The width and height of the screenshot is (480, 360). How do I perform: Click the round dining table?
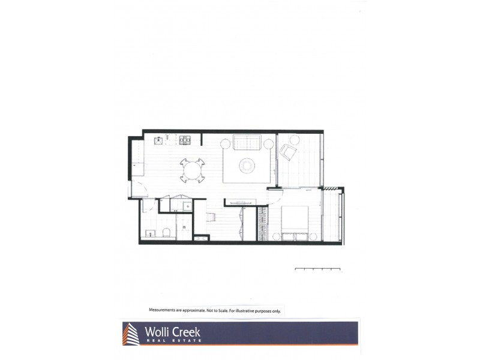coord(192,170)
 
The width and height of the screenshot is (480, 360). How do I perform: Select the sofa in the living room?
coord(247,143)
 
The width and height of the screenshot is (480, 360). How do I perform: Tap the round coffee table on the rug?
coord(247,165)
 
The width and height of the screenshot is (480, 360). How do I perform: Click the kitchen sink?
coord(158,140)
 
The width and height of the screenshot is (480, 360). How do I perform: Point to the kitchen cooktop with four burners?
coord(184,140)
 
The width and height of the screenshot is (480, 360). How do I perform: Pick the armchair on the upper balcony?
coord(288,152)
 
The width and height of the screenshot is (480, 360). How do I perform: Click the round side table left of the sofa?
coord(226,143)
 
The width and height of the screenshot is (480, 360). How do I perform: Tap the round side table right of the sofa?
coord(268,143)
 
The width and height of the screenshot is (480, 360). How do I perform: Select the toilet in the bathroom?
coord(168,233)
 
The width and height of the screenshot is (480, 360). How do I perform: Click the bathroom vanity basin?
coord(149,232)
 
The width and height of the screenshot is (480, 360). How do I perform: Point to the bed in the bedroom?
coord(295,222)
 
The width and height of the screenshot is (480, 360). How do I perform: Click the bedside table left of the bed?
coord(277,236)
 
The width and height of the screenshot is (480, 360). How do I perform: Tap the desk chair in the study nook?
coord(211,217)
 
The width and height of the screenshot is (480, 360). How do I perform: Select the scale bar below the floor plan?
coord(318,269)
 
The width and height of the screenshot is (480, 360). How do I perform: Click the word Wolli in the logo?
coord(159,332)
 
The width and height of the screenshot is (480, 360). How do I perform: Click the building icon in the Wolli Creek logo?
coord(131,334)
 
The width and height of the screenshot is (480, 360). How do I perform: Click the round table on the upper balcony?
coord(295,140)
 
